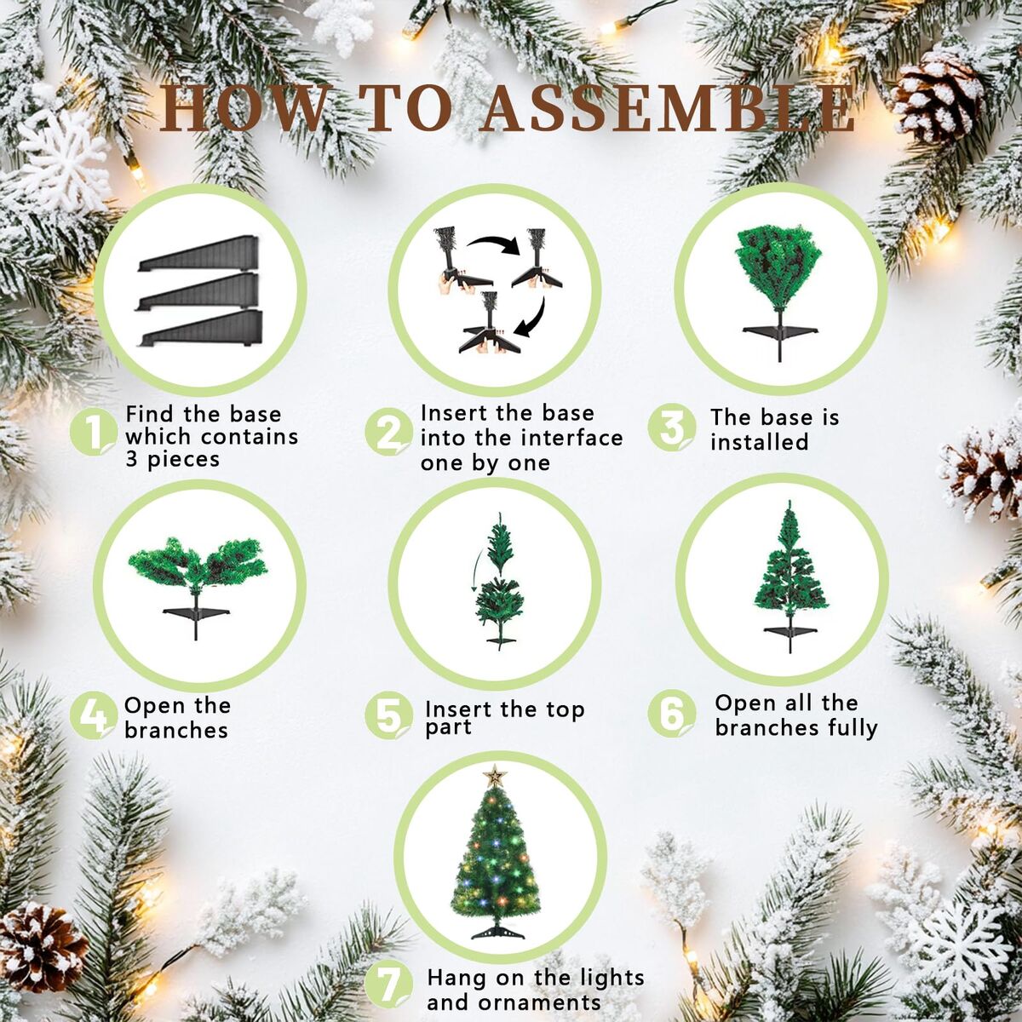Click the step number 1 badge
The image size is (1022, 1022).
tap(94, 433)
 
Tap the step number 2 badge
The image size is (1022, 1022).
tap(388, 432)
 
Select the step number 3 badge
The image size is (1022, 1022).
tap(672, 428)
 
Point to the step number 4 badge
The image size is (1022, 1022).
tap(94, 716)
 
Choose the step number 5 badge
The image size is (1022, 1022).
tap(388, 716)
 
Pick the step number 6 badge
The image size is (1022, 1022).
tap(672, 714)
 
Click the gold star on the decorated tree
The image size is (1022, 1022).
tap(494, 775)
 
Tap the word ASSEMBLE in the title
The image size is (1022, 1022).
tap(667, 112)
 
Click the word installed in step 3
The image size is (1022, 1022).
tap(760, 442)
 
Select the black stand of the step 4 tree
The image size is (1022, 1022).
tap(196, 621)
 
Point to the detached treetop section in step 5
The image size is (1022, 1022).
tap(498, 543)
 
